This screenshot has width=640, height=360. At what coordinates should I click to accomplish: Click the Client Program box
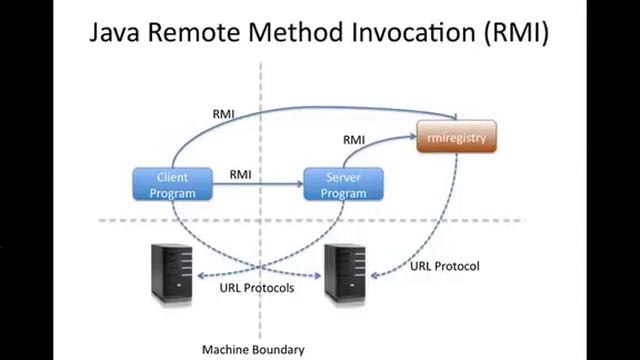(172, 184)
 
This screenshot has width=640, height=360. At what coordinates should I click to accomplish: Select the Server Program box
(344, 184)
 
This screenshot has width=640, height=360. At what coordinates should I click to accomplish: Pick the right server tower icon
(343, 272)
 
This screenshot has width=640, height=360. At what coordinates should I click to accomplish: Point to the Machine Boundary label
(252, 350)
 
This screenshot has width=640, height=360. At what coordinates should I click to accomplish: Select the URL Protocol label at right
(445, 266)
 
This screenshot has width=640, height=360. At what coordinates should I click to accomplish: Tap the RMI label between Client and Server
(240, 174)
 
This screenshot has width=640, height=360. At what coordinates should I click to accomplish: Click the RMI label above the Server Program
(354, 140)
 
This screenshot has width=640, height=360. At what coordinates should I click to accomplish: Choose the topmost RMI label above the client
(224, 113)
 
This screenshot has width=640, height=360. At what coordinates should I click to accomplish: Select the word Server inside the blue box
(344, 177)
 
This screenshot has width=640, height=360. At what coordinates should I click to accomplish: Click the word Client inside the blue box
(172, 177)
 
